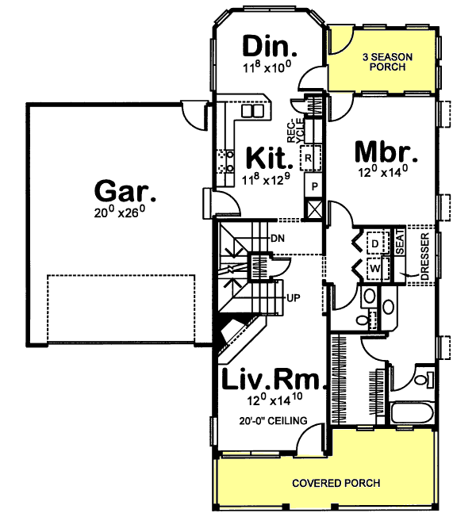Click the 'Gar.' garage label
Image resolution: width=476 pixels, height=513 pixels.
click(125, 191)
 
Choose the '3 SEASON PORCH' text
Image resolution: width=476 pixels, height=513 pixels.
click(384, 61)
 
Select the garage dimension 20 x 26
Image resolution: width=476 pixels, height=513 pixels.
click(125, 212)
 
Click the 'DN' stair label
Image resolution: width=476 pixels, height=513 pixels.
click(277, 237)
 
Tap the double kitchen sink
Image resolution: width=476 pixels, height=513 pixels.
click(251, 112)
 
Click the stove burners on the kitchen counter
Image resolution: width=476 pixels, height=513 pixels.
click(224, 160)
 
